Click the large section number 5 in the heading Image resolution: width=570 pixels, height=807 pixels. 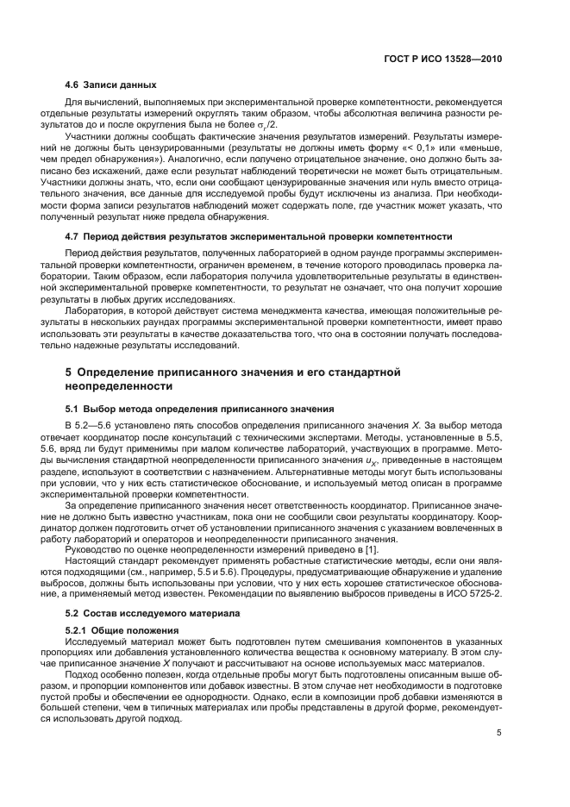pos(69,372)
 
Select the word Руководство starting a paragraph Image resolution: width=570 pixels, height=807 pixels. pos(94,549)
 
